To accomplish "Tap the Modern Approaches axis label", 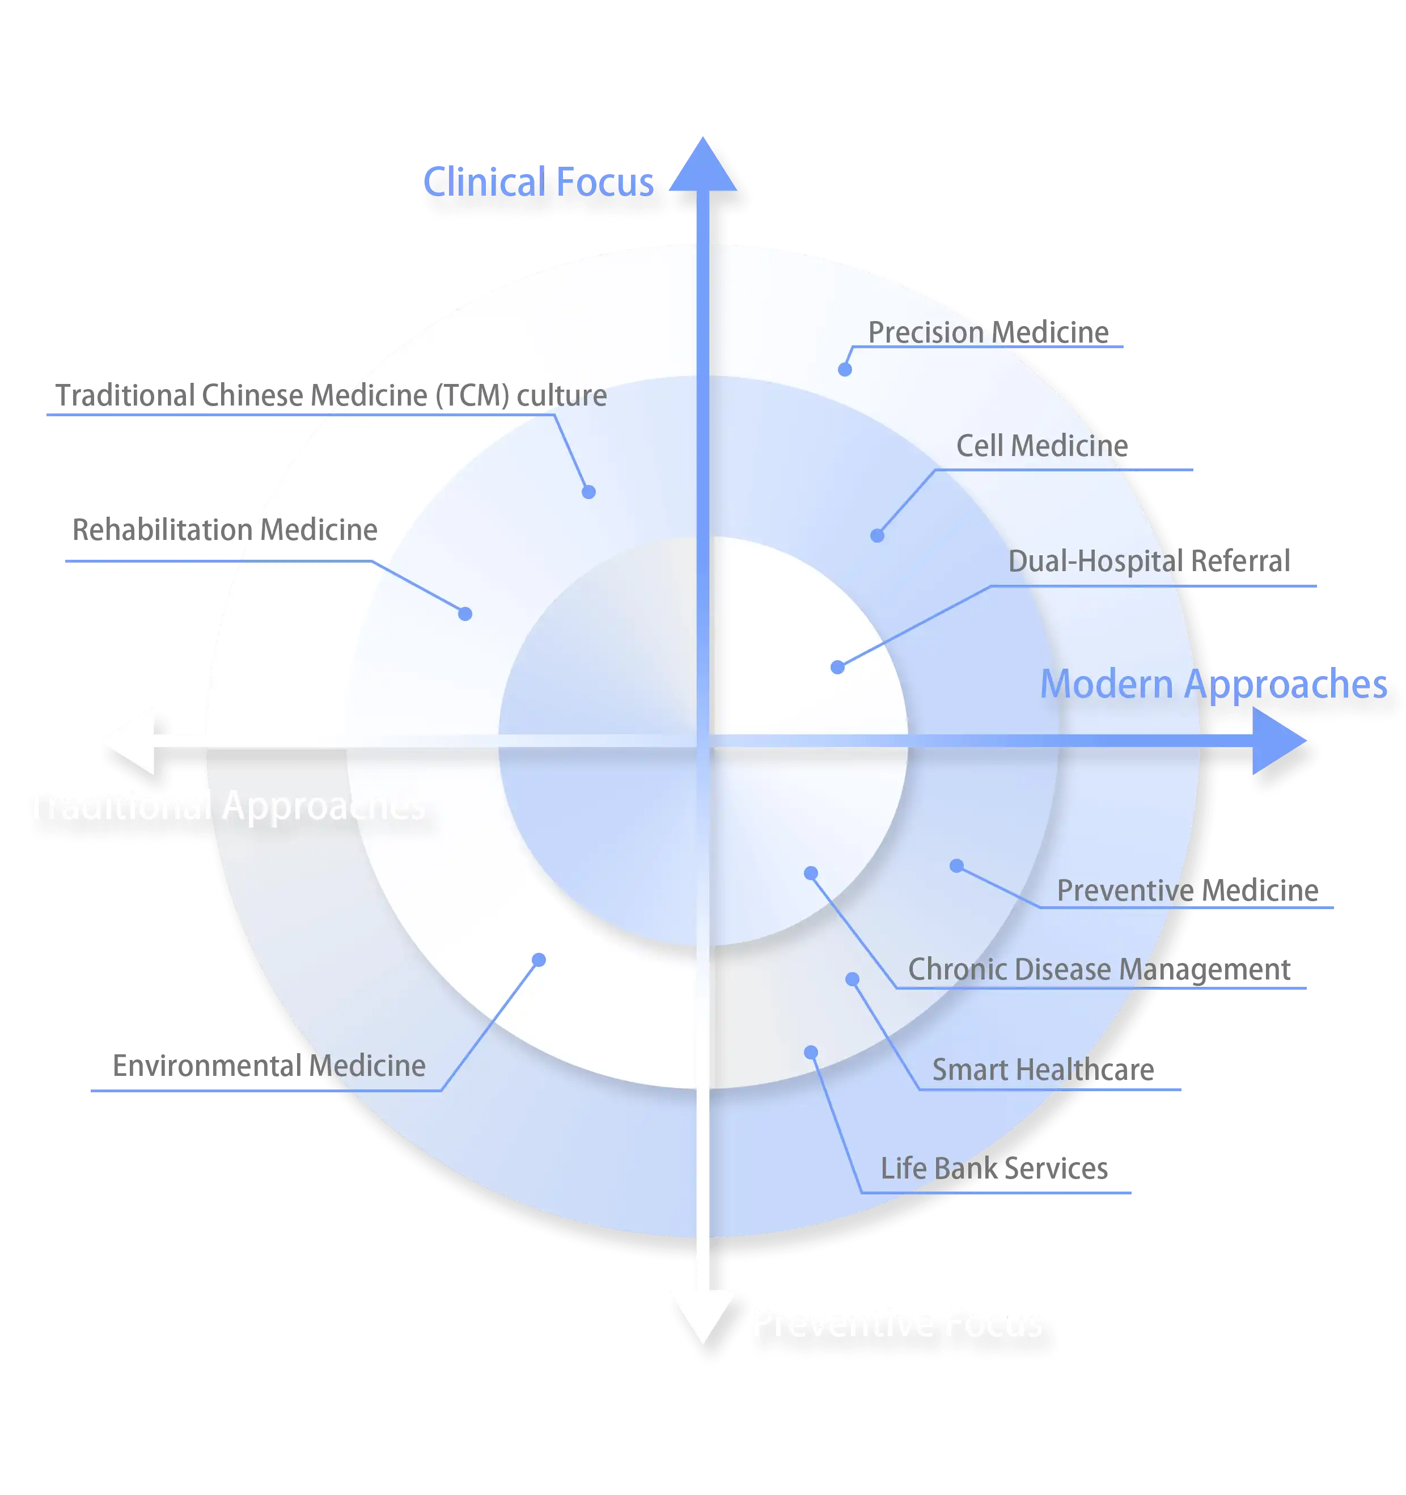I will pos(1213,685).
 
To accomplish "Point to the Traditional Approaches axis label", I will pos(226,806).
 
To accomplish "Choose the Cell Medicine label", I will pos(1042,446).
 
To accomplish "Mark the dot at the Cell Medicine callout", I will pos(876,535).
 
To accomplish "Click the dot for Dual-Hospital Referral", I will pos(837,667).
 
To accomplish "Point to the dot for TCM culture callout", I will pos(588,492).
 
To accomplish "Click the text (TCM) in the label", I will pos(472,395).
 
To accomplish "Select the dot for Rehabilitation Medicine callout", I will pos(465,614).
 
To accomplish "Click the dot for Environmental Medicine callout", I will pos(539,960).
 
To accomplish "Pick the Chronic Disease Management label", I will pos(1099,969).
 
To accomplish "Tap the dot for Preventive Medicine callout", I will pos(956,865).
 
